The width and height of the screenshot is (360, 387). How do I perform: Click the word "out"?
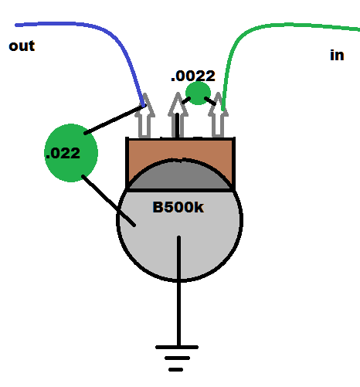(x=22, y=46)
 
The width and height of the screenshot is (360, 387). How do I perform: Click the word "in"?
(x=337, y=56)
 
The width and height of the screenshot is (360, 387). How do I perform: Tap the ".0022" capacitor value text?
(x=193, y=76)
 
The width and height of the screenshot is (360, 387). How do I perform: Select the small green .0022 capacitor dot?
(x=198, y=93)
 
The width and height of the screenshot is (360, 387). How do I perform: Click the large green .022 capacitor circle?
(x=71, y=153)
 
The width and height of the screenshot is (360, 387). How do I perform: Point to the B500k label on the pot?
(x=178, y=207)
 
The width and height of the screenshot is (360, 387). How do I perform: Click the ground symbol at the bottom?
(x=177, y=358)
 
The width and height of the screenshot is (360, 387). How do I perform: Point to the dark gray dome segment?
(x=179, y=175)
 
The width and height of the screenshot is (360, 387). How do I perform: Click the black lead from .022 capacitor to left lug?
(x=115, y=119)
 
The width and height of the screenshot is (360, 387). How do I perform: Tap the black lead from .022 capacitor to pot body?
(x=108, y=201)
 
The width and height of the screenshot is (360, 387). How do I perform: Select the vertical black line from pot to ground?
(x=178, y=291)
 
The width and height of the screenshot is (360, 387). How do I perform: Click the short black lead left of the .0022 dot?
(x=186, y=100)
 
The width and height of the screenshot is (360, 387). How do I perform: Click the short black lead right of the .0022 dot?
(x=210, y=101)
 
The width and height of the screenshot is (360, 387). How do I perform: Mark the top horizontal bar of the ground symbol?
(x=177, y=347)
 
